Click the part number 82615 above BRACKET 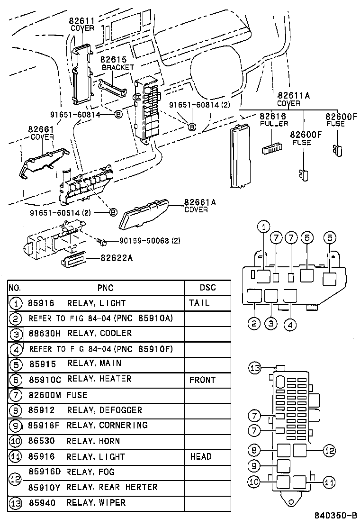114,60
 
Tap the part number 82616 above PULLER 272,116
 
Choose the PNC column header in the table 105,288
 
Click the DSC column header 207,288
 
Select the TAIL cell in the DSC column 198,303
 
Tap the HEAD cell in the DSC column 201,456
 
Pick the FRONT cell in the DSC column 202,380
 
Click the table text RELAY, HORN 93,441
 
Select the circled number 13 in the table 16,503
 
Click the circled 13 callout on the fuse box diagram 255,368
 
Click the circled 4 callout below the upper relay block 290,324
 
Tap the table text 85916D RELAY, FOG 71,472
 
